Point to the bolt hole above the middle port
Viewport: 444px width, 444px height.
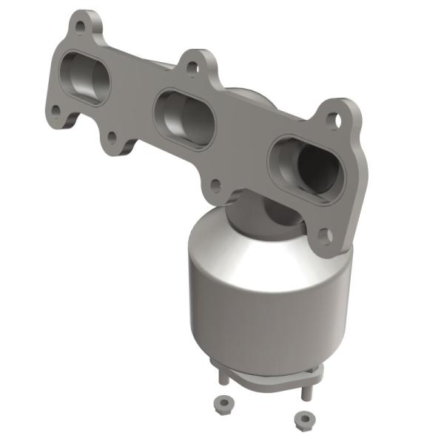point(193,69)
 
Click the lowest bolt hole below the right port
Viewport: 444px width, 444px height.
point(325,235)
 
